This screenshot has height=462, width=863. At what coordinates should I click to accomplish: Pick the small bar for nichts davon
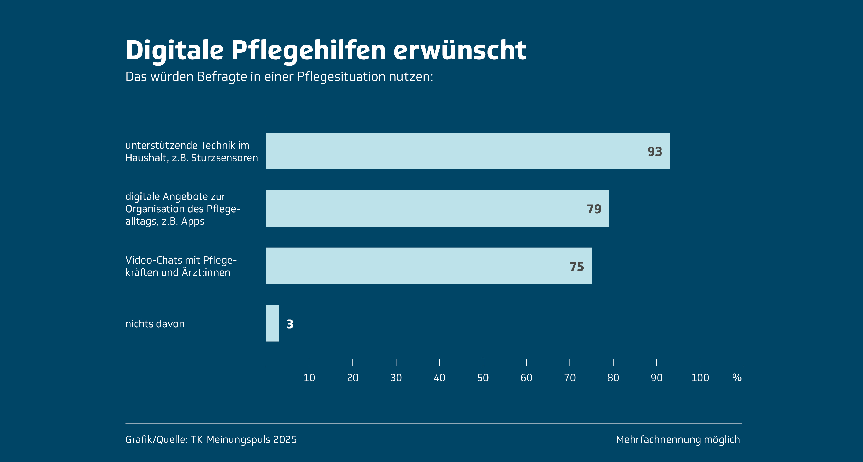[272, 323]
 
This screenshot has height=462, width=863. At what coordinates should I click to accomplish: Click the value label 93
[655, 152]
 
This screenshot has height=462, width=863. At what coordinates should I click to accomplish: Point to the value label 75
[577, 267]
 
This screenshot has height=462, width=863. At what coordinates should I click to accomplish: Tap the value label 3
[290, 324]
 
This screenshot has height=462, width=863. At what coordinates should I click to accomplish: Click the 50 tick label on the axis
[483, 378]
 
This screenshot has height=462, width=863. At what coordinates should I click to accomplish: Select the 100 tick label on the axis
[700, 378]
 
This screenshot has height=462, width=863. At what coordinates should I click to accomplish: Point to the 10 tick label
[309, 378]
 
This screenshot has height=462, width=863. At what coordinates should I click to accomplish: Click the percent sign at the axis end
[737, 378]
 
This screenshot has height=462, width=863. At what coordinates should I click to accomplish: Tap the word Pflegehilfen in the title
[308, 51]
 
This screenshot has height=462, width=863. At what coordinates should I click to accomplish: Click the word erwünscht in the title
[460, 50]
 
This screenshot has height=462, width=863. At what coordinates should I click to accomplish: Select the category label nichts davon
[155, 324]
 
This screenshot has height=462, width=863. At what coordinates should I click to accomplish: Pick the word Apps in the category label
[193, 222]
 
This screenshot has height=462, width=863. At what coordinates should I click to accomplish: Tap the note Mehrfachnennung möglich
[678, 440]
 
